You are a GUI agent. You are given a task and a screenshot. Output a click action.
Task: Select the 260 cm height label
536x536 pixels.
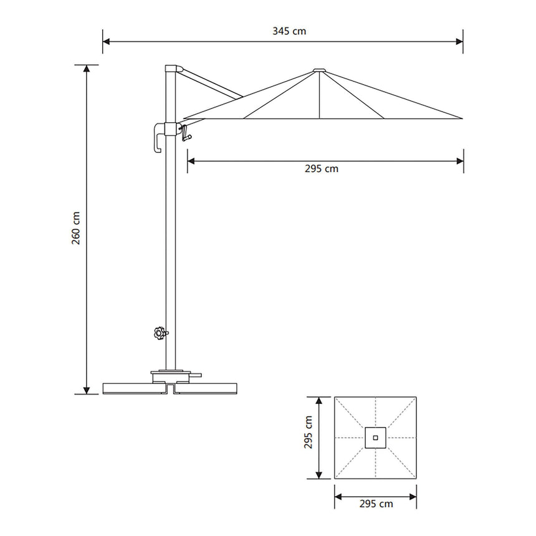coord(75,228)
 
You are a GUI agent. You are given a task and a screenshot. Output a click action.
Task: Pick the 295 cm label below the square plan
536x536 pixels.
coord(376,504)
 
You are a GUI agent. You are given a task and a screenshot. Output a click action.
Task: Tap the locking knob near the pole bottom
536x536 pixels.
coord(160,333)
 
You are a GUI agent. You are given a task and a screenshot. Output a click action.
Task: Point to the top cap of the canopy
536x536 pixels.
coord(318,70)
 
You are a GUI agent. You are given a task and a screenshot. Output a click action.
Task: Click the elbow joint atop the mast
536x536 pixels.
coord(171,69)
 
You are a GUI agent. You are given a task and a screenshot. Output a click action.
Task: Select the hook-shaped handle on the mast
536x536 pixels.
coord(158,138)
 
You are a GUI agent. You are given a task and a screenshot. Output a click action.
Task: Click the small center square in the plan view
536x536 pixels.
coord(375,438)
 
